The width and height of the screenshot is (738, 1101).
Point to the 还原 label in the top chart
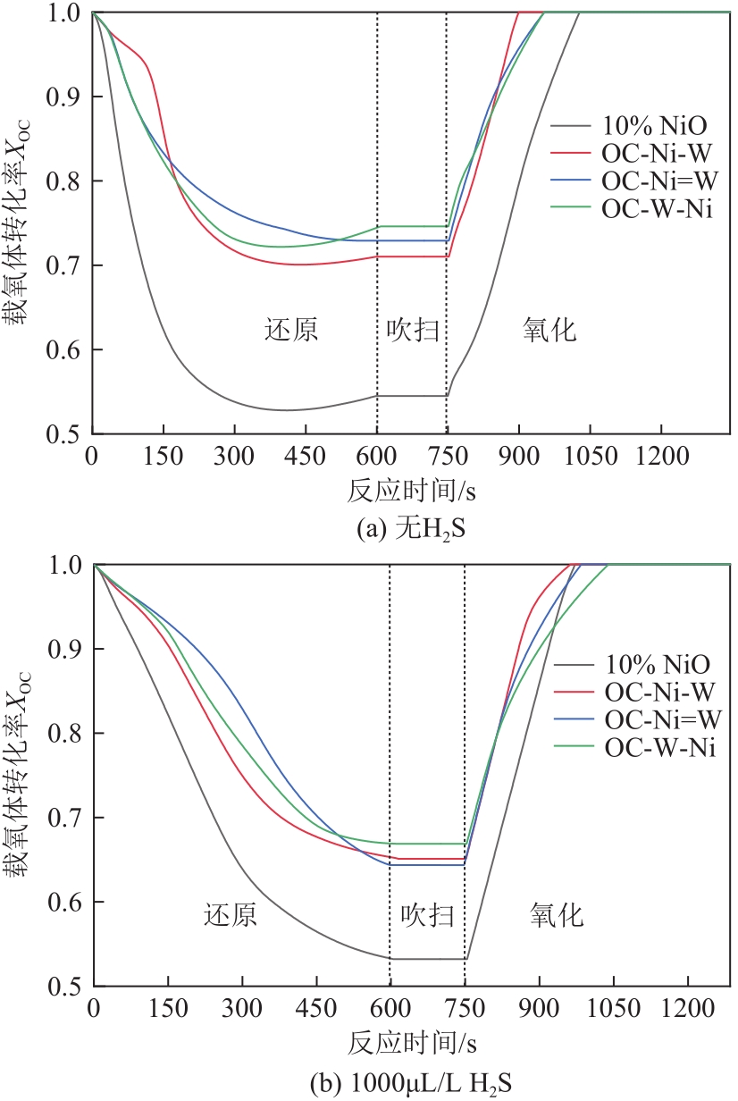coord(291,331)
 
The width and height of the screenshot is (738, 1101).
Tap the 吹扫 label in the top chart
coord(412,331)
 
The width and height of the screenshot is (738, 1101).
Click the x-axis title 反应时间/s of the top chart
coord(411,491)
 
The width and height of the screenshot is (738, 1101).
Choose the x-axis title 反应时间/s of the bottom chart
coord(412,1043)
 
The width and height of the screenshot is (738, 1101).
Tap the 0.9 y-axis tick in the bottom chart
coord(66,650)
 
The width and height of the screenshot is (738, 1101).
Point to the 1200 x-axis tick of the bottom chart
coord(688,1008)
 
